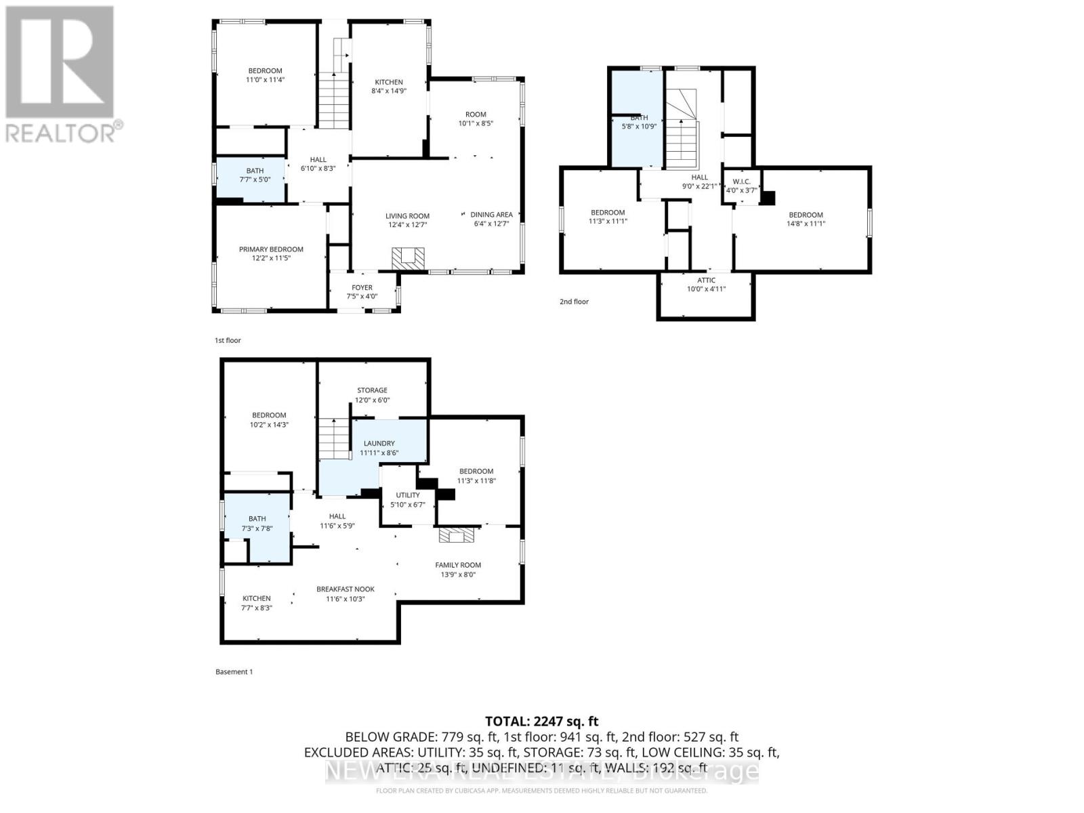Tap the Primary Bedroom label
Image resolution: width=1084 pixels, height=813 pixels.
[x=271, y=249]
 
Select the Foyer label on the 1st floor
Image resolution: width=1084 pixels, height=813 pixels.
[x=362, y=287]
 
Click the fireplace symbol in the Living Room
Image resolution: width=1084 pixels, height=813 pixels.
[x=409, y=258]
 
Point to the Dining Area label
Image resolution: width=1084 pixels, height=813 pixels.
[x=491, y=215]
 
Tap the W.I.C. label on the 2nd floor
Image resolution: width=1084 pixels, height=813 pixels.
[x=741, y=182]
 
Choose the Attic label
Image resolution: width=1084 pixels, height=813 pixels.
[x=706, y=280]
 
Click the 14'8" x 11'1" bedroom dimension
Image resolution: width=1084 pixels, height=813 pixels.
[x=806, y=224]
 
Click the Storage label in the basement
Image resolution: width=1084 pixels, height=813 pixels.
[x=372, y=390]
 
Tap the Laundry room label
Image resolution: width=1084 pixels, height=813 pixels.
[x=379, y=443]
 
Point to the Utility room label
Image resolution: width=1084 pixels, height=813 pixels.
[x=408, y=495]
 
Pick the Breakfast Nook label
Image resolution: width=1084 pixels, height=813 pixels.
[x=346, y=589]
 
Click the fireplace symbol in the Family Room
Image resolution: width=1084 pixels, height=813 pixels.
[x=457, y=536]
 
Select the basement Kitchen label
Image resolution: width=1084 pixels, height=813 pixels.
[x=257, y=598]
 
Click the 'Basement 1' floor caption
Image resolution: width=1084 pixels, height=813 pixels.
[x=234, y=672]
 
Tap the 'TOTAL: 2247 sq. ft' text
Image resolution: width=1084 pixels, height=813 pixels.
[x=541, y=722]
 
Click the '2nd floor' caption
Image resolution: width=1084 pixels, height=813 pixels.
[x=574, y=301]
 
